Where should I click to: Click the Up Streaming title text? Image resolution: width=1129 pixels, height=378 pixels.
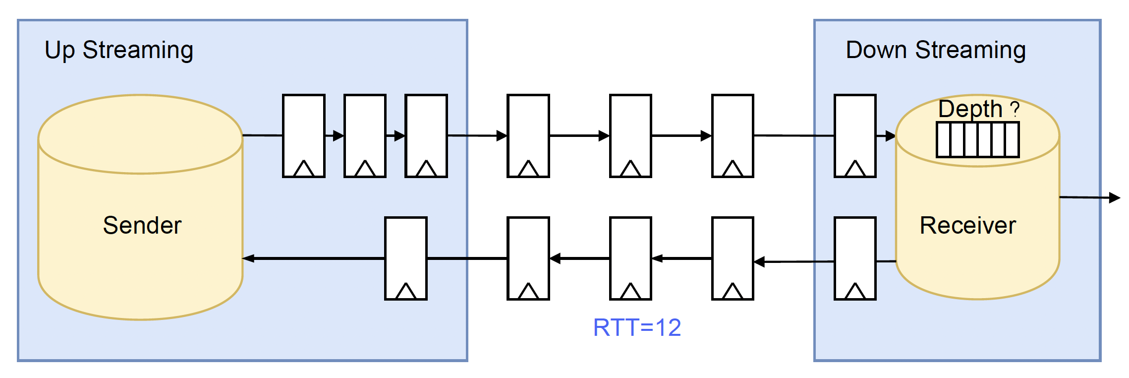click(x=119, y=50)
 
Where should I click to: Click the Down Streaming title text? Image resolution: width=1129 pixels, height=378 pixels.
click(x=935, y=50)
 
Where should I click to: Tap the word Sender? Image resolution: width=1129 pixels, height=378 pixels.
click(x=142, y=225)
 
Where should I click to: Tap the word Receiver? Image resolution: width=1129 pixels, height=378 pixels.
click(x=967, y=225)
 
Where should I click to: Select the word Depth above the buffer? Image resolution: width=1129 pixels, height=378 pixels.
click(x=970, y=109)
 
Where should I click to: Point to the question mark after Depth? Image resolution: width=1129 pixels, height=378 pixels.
click(x=1015, y=109)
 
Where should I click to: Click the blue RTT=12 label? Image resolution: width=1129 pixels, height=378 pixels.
click(x=637, y=327)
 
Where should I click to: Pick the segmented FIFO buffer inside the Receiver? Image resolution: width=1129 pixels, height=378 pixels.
click(x=977, y=140)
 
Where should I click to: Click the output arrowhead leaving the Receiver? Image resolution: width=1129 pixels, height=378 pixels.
click(x=1115, y=198)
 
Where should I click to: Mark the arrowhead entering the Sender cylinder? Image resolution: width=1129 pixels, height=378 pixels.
click(x=248, y=258)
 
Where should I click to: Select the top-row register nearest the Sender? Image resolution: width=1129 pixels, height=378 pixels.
click(x=304, y=135)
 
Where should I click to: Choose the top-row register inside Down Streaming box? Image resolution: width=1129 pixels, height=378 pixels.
click(x=855, y=135)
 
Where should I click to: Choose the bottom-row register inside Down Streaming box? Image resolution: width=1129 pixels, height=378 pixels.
click(x=855, y=258)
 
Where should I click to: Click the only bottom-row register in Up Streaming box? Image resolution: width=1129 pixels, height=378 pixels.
click(x=406, y=258)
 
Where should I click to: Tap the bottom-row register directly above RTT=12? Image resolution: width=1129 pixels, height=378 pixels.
click(x=630, y=258)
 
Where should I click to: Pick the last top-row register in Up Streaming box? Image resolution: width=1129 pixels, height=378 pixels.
click(x=426, y=135)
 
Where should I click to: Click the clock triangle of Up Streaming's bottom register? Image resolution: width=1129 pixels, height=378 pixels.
click(x=406, y=291)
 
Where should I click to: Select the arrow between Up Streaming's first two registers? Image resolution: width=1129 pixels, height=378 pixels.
click(x=335, y=135)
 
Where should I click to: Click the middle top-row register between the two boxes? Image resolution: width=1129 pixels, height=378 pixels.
click(x=630, y=135)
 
